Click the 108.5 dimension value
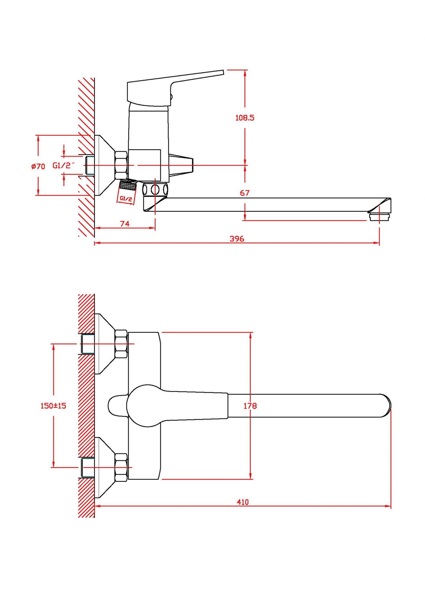(245, 118)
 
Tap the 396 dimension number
(237, 239)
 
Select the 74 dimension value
(125, 224)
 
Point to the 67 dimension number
(245, 193)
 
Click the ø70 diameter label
(38, 166)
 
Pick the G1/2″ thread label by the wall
(63, 165)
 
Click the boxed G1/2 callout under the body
(126, 198)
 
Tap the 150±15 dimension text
(53, 406)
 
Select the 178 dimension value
(250, 406)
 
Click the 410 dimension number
(243, 502)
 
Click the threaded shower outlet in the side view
(128, 184)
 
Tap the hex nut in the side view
(121, 165)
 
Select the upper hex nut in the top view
(121, 344)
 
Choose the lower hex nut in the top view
(121, 467)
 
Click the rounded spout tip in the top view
(386, 406)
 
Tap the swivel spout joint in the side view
(155, 190)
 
